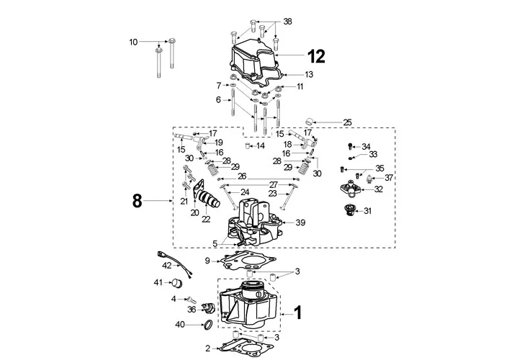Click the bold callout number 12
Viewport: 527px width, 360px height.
(x=317, y=55)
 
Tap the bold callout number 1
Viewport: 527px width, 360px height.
(x=297, y=314)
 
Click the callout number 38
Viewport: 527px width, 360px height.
(x=288, y=22)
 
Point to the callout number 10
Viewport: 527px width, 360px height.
(x=133, y=42)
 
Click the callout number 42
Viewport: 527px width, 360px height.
(x=166, y=266)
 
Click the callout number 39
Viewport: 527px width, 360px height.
(x=300, y=222)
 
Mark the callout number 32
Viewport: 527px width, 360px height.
(x=378, y=189)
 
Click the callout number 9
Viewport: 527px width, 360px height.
(x=207, y=260)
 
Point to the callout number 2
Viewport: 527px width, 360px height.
(x=208, y=348)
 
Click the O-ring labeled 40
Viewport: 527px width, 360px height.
(x=205, y=325)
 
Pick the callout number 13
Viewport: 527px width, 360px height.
(x=308, y=75)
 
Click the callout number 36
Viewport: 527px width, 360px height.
(x=192, y=310)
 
